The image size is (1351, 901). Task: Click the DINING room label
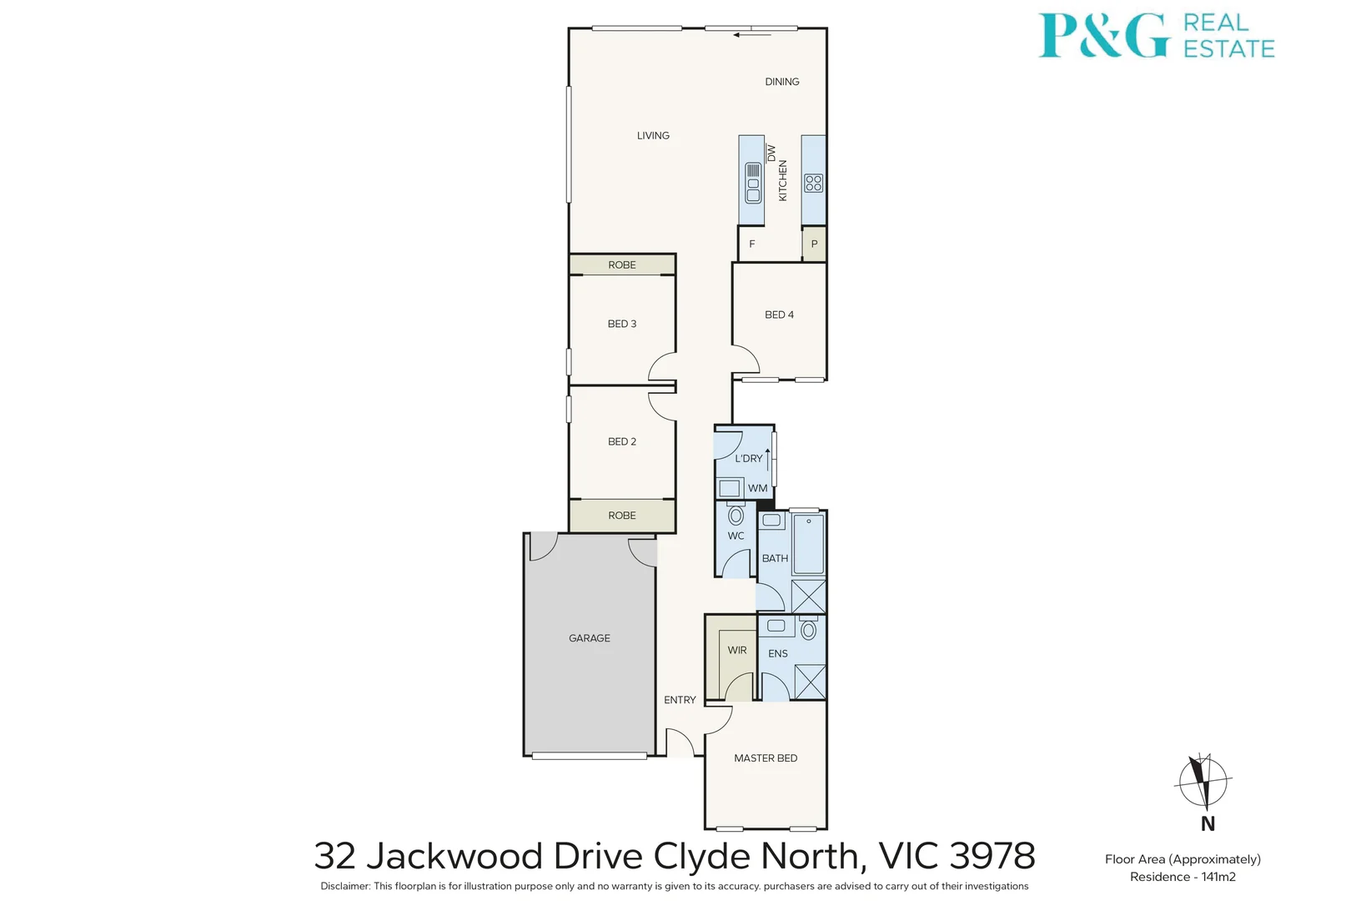click(x=782, y=82)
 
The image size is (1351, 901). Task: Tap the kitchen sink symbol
click(x=753, y=183)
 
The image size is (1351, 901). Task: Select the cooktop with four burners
click(x=814, y=183)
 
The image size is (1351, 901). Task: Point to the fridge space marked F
click(x=752, y=244)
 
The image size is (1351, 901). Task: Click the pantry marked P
click(x=814, y=244)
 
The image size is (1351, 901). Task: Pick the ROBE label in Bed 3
click(x=622, y=265)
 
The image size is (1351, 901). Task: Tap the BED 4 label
click(x=779, y=315)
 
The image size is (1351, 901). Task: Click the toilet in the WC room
click(x=736, y=514)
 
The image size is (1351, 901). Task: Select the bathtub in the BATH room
click(x=808, y=544)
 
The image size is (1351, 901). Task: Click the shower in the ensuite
click(x=810, y=682)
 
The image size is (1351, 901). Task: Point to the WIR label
click(x=737, y=650)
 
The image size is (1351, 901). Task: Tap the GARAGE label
click(x=590, y=638)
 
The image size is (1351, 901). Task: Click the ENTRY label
click(x=680, y=699)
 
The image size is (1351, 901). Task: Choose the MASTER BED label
click(x=766, y=758)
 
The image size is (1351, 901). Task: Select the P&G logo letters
click(x=1103, y=36)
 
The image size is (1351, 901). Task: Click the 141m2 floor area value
click(x=1218, y=876)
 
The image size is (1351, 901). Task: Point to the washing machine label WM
click(x=757, y=488)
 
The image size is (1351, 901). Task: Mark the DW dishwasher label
click(x=771, y=154)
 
